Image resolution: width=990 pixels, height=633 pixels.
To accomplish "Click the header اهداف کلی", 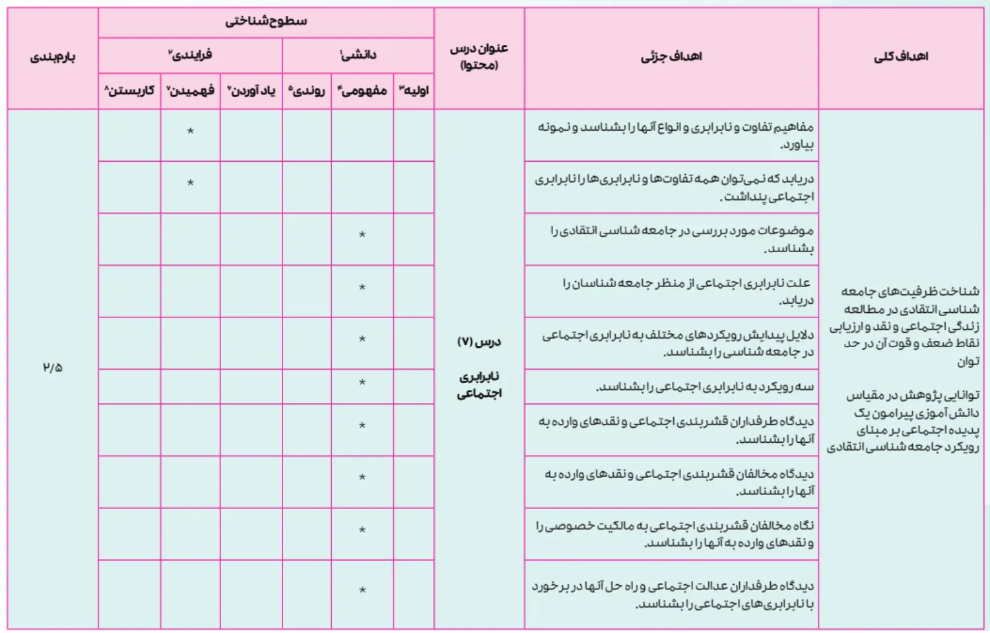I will (901, 57).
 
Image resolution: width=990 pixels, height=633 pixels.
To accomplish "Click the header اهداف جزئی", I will (671, 57).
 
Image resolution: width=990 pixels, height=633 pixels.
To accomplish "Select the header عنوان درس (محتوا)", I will (479, 57).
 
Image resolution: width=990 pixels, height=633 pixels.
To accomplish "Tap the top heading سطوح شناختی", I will (266, 21).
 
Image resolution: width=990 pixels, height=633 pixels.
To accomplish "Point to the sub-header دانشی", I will (358, 55).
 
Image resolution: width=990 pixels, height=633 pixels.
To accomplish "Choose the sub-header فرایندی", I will (190, 55).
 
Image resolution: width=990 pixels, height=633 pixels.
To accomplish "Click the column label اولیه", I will (414, 90).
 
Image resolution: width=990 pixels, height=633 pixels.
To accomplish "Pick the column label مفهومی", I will (362, 90).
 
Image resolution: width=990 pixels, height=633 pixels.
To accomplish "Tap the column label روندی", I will (307, 90).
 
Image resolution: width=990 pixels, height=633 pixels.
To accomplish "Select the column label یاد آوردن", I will (251, 90).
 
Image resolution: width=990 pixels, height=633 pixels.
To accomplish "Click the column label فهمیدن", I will (190, 90).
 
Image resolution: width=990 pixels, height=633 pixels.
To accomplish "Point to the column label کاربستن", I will (129, 90).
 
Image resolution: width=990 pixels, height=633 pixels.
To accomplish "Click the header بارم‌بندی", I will (53, 57).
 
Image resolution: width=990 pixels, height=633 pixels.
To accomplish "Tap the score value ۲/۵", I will (53, 368).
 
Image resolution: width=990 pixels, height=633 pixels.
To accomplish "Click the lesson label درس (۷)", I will (479, 342).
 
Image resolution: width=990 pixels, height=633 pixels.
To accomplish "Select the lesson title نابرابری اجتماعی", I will (480, 385).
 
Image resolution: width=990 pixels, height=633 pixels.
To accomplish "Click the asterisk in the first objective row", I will (190, 131).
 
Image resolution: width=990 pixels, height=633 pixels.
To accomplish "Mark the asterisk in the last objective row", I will (362, 591).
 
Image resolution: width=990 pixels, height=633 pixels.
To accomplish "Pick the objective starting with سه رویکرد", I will (705, 387).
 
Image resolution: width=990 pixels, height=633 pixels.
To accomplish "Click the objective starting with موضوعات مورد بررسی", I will (682, 239).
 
